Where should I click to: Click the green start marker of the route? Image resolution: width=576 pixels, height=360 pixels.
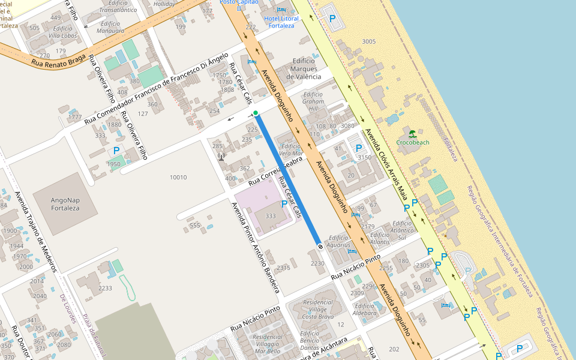(256, 113)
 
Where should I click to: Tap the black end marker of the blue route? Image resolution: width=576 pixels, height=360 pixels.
(320, 246)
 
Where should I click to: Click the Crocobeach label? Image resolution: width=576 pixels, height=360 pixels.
(413, 142)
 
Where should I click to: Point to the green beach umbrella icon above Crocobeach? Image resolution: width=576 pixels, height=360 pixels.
(412, 133)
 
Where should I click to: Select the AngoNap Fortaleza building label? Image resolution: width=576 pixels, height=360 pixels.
(65, 204)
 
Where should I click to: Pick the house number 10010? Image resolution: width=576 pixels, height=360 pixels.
(178, 177)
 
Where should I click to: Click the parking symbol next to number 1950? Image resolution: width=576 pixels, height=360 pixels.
(116, 150)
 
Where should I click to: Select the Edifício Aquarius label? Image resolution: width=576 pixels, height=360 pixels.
(338, 241)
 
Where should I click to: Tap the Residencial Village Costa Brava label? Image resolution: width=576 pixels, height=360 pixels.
(318, 309)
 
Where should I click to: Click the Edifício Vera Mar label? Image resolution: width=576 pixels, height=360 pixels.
(291, 149)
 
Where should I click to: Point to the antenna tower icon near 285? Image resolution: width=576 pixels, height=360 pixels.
(221, 157)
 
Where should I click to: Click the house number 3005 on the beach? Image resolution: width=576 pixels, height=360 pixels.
(369, 41)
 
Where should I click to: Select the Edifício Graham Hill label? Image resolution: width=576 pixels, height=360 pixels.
(313, 106)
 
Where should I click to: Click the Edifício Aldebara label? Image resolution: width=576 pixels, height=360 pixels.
(365, 309)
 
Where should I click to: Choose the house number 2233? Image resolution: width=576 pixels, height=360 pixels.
(105, 289)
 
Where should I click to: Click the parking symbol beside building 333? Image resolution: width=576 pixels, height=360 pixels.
(284, 204)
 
